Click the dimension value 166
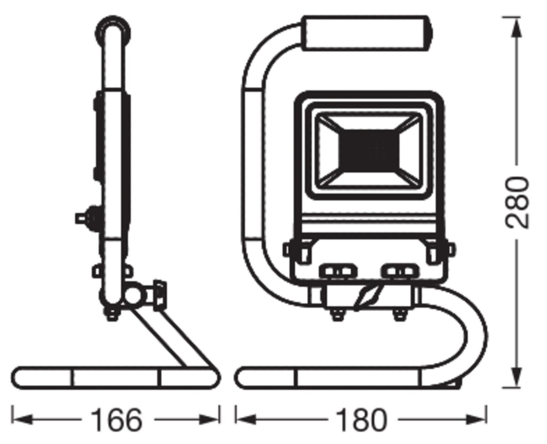click(117, 420)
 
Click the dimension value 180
click(361, 420)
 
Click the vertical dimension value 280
click(517, 203)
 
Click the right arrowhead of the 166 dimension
click(210, 420)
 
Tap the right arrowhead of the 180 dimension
click(476, 420)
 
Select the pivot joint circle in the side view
click(135, 296)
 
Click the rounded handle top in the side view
click(113, 28)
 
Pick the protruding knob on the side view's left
click(87, 219)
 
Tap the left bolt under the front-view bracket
click(337, 314)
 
